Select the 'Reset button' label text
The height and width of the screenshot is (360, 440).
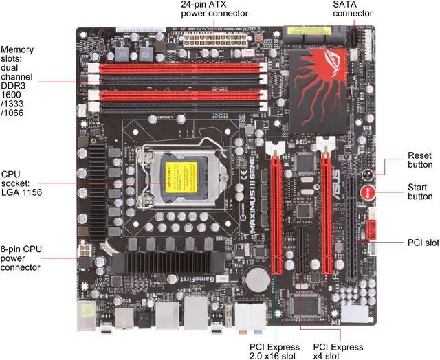click(420, 159)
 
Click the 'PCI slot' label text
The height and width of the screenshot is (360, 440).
click(419, 243)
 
